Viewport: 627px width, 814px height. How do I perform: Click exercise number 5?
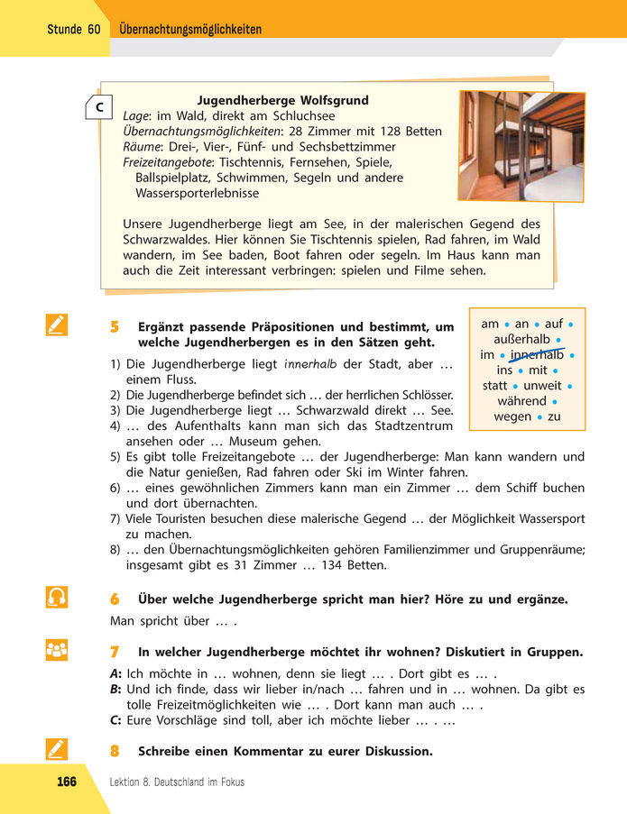115,327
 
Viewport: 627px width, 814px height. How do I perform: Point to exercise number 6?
115,599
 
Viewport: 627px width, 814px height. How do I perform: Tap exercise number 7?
115,652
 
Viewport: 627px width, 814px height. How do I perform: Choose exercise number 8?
115,751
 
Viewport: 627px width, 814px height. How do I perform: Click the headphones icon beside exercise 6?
56,598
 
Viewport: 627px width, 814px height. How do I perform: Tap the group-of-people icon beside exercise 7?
56,650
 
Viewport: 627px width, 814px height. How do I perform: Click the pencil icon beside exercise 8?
56,749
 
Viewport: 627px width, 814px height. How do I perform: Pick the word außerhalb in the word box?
521,339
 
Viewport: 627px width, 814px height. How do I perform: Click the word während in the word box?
521,401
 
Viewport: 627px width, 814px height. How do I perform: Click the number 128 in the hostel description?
392,132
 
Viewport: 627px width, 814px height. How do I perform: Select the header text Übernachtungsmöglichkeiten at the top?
190,30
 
